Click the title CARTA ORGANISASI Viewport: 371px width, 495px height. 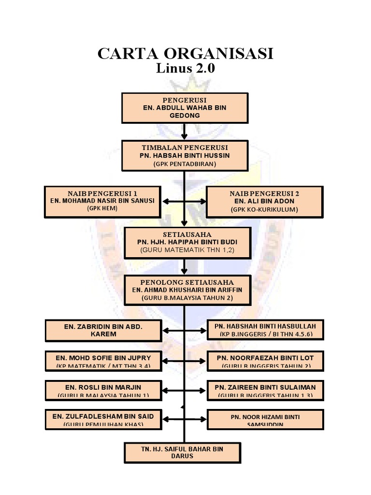click(x=185, y=54)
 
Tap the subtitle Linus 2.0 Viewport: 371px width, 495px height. click(x=185, y=69)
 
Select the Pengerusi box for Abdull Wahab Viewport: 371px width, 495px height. click(x=185, y=107)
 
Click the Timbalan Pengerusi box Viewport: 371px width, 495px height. click(x=185, y=155)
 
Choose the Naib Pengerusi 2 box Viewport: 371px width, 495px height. click(x=264, y=201)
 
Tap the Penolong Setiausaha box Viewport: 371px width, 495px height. click(x=187, y=290)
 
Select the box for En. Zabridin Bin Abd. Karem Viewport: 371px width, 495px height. click(x=103, y=330)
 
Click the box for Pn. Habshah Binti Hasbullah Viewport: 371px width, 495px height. click(x=265, y=330)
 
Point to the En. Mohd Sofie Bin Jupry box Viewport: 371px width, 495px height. click(x=103, y=361)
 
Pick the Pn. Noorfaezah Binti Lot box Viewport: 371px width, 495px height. click(x=265, y=361)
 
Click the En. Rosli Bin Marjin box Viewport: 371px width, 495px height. click(x=103, y=390)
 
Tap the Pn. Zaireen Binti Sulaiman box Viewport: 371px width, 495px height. click(x=265, y=390)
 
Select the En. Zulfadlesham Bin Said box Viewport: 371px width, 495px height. click(x=103, y=419)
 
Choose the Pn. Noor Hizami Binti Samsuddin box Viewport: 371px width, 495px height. click(x=265, y=419)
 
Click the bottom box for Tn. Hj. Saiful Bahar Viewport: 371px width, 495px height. click(x=182, y=452)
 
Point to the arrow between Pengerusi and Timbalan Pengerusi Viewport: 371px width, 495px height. click(x=185, y=131)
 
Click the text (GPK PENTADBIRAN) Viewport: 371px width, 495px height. click(x=185, y=164)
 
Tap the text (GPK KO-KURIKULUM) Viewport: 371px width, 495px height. click(x=264, y=209)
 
